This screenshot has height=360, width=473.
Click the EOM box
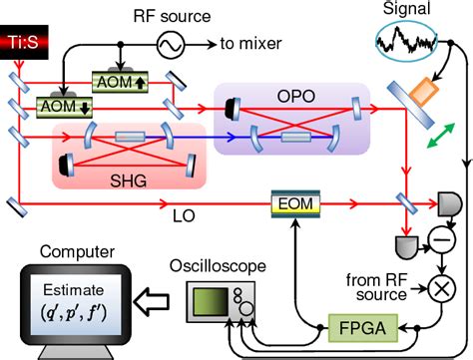(295, 204)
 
